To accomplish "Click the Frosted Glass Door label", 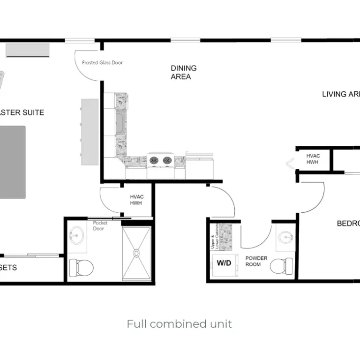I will tap(102, 62).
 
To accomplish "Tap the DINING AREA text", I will tap(183, 72).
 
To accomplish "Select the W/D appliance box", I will tap(224, 263).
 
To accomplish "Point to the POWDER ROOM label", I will tap(256, 261).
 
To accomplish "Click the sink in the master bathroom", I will tap(75, 235).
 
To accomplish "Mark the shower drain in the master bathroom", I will tap(136, 253).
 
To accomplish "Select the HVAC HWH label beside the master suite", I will tap(136, 200).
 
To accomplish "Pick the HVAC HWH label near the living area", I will tap(313, 159).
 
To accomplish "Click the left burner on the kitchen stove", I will tap(154, 161).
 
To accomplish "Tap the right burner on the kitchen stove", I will tap(167, 161).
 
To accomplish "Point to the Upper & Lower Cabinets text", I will tap(214, 237).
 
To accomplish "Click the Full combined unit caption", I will tap(179, 324).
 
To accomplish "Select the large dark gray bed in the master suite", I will tap(12, 162).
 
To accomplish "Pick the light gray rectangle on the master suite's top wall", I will tap(27, 50).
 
